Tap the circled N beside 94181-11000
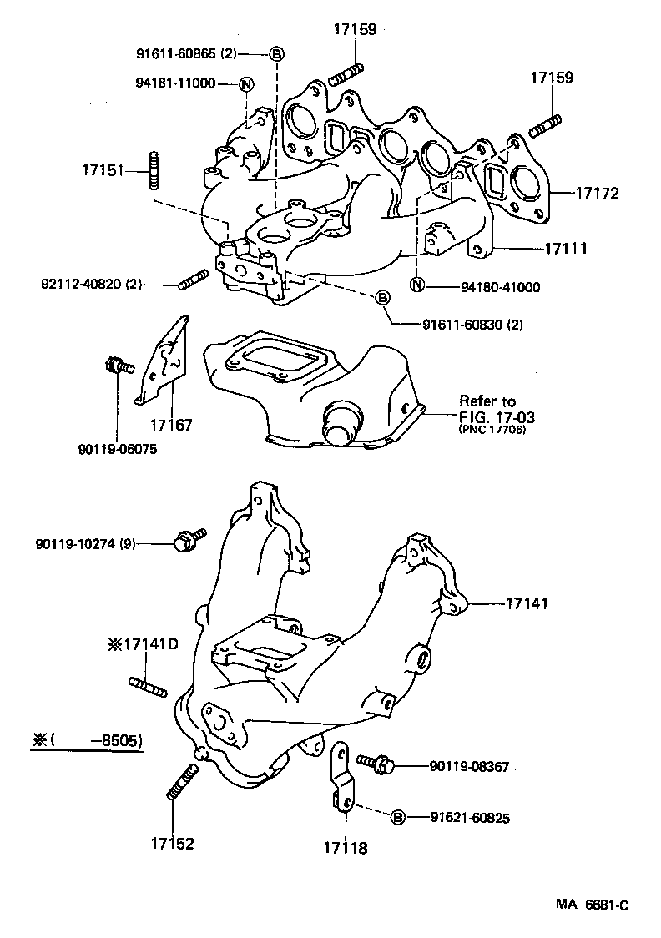click(x=246, y=83)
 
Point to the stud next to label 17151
click(x=154, y=170)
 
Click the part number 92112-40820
click(x=90, y=285)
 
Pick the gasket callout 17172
click(x=597, y=194)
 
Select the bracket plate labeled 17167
click(x=164, y=357)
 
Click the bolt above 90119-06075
click(x=116, y=365)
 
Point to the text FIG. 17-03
click(x=497, y=416)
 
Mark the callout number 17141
click(x=527, y=603)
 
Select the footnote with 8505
click(x=86, y=740)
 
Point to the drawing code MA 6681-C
click(x=593, y=905)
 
